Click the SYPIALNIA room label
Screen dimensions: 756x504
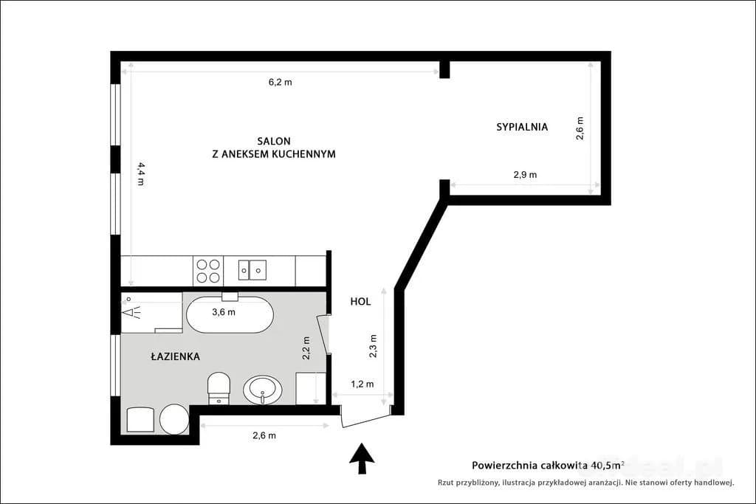pyautogui.click(x=522, y=127)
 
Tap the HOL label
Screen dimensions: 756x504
pyautogui.click(x=360, y=302)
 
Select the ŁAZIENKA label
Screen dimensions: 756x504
pyautogui.click(x=175, y=356)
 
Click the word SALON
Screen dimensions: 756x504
pyautogui.click(x=274, y=141)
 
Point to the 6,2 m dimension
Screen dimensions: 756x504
pyautogui.click(x=280, y=82)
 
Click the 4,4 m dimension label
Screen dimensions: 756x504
pyautogui.click(x=141, y=174)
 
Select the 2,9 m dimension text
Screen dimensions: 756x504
pyautogui.click(x=525, y=174)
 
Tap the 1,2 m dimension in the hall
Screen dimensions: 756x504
pyautogui.click(x=362, y=384)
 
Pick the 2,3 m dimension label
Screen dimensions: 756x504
pyautogui.click(x=373, y=346)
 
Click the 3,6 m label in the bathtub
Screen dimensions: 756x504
pyautogui.click(x=224, y=311)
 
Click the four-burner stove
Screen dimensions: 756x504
pyautogui.click(x=208, y=271)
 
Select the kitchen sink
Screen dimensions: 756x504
pyautogui.click(x=252, y=270)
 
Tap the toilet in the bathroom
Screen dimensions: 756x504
pyautogui.click(x=219, y=388)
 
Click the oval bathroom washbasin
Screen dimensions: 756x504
pyautogui.click(x=262, y=390)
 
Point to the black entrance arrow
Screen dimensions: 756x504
pyautogui.click(x=362, y=459)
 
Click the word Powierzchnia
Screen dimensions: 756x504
pyautogui.click(x=504, y=466)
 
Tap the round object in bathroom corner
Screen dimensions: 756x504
pyautogui.click(x=174, y=419)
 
